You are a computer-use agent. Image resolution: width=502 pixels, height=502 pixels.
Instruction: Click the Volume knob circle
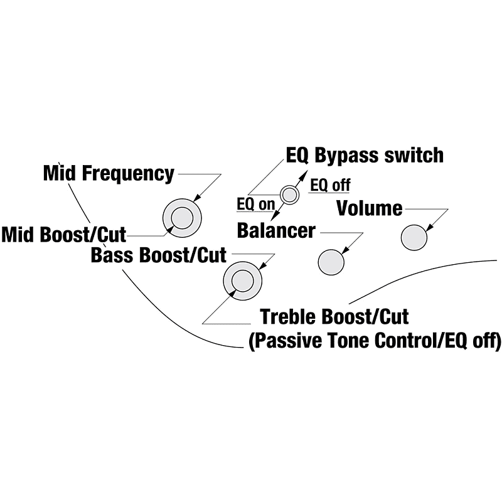coord(414,237)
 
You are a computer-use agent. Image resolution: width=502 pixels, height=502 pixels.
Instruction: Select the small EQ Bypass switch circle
coord(289,195)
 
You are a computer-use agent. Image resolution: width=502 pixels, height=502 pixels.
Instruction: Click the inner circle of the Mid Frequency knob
coord(182,218)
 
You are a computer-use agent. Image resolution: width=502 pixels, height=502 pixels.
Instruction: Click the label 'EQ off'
coord(330,185)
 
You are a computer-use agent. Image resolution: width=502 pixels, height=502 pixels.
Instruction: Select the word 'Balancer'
coord(275,230)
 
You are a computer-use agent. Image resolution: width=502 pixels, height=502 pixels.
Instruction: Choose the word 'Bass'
coord(112,255)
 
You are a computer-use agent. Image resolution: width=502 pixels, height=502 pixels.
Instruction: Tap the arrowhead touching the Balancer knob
coord(344,252)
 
